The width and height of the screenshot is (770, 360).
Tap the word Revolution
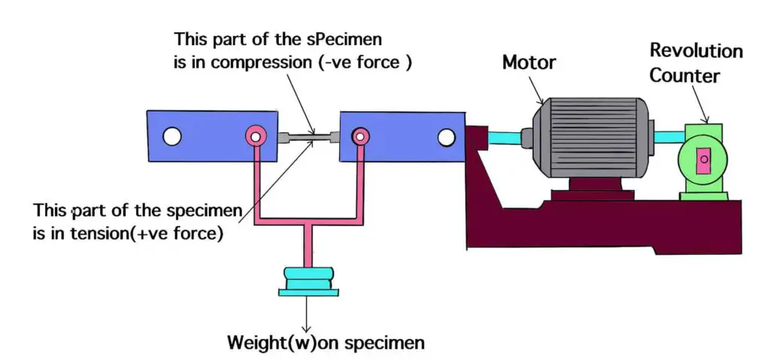tap(696, 51)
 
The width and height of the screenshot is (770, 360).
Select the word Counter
tap(684, 76)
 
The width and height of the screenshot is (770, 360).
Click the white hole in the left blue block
tap(172, 136)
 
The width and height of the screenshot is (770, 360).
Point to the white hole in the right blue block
tap(447, 137)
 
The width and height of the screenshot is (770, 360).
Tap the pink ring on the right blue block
tap(361, 136)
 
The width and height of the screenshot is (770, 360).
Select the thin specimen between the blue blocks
tap(310, 137)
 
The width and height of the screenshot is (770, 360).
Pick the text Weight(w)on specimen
tap(326, 343)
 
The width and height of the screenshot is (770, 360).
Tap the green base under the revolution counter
tap(704, 195)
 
